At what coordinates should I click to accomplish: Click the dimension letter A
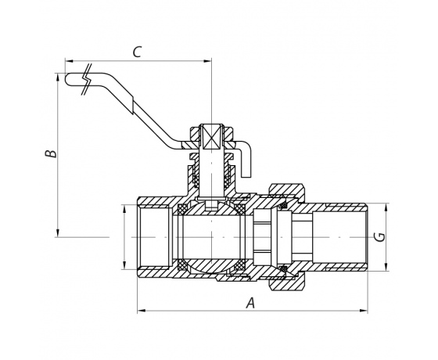tap(250, 303)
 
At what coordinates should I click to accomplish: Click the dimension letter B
tap(51, 154)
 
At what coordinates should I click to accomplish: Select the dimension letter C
tap(137, 52)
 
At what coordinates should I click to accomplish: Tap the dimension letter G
tap(379, 237)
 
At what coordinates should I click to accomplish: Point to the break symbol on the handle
tap(87, 79)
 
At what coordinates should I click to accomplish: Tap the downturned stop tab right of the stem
tap(246, 159)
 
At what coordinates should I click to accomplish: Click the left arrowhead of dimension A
tap(141, 310)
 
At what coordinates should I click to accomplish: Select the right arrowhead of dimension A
tap(364, 310)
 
